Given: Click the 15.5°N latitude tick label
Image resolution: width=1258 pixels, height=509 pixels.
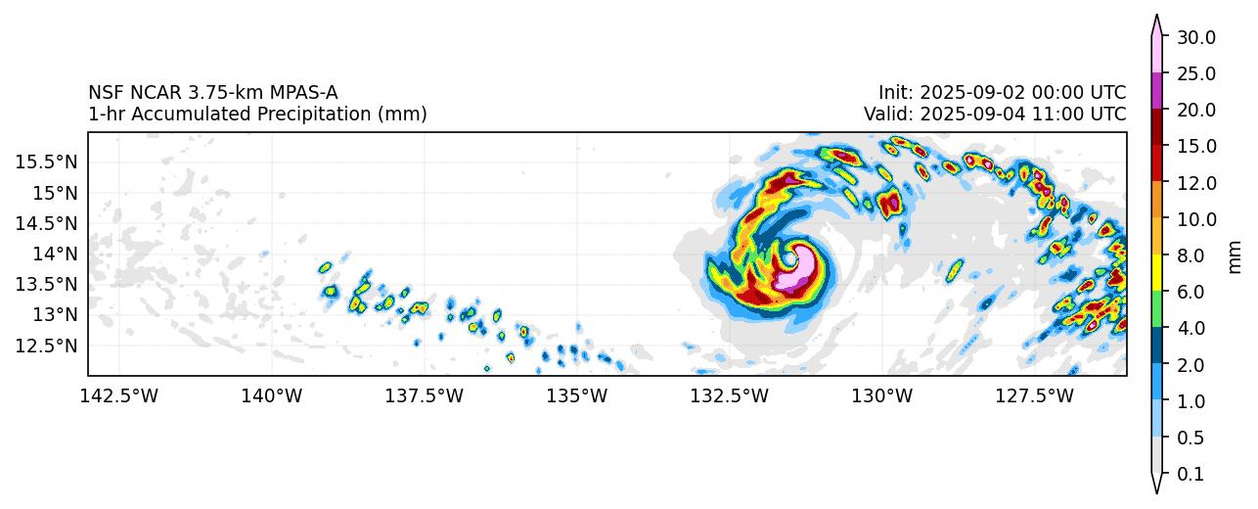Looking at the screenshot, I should [x=45, y=162].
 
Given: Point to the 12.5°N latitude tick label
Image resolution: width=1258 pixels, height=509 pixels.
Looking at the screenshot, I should [x=45, y=346].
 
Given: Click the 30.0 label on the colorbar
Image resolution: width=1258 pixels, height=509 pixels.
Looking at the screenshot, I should [x=1196, y=37].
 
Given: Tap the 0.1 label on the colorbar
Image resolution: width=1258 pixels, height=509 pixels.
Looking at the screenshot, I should [x=1191, y=475].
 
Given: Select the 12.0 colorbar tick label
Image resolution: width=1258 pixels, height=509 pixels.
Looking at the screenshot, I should [x=1196, y=183].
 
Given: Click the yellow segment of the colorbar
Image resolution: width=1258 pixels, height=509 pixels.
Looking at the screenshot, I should [x=1156, y=273].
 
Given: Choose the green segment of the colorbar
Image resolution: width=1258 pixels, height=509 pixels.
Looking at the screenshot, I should [x=1156, y=309].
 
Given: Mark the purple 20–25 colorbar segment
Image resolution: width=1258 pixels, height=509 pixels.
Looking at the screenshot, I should [x=1156, y=91].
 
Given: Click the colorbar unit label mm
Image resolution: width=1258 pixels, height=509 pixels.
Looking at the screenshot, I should [x=1235, y=255].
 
